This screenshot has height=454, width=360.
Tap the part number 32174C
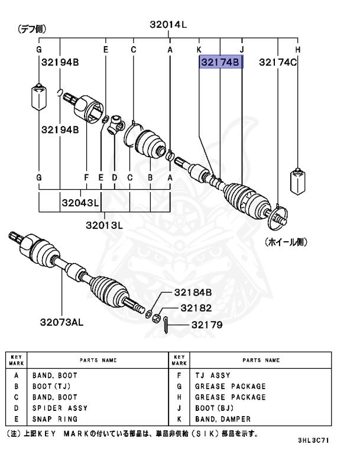[x=278, y=62]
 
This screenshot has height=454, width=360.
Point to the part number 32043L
[x=79, y=202]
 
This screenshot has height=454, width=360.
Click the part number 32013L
[x=103, y=225]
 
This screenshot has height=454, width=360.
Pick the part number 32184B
[x=193, y=293]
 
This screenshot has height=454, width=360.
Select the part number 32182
[x=196, y=308]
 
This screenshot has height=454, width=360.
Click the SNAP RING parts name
[x=55, y=419]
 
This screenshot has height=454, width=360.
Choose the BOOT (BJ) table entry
[x=215, y=408]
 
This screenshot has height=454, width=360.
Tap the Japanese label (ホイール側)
[x=286, y=242]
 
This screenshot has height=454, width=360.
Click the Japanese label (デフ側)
[x=32, y=28]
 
